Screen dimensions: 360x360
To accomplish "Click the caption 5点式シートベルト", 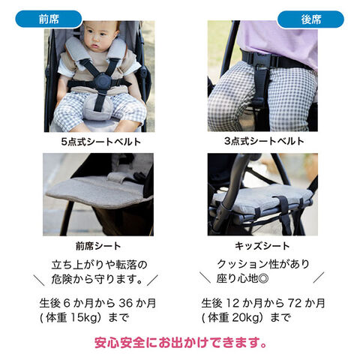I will (97, 140).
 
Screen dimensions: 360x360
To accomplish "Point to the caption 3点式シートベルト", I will (262, 140).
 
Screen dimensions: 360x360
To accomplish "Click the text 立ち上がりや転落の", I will (97, 263).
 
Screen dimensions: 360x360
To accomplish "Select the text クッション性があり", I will (262, 263).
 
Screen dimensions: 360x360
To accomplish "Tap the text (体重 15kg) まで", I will (85, 317).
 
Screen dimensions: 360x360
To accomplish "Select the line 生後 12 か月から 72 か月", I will (263, 303).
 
